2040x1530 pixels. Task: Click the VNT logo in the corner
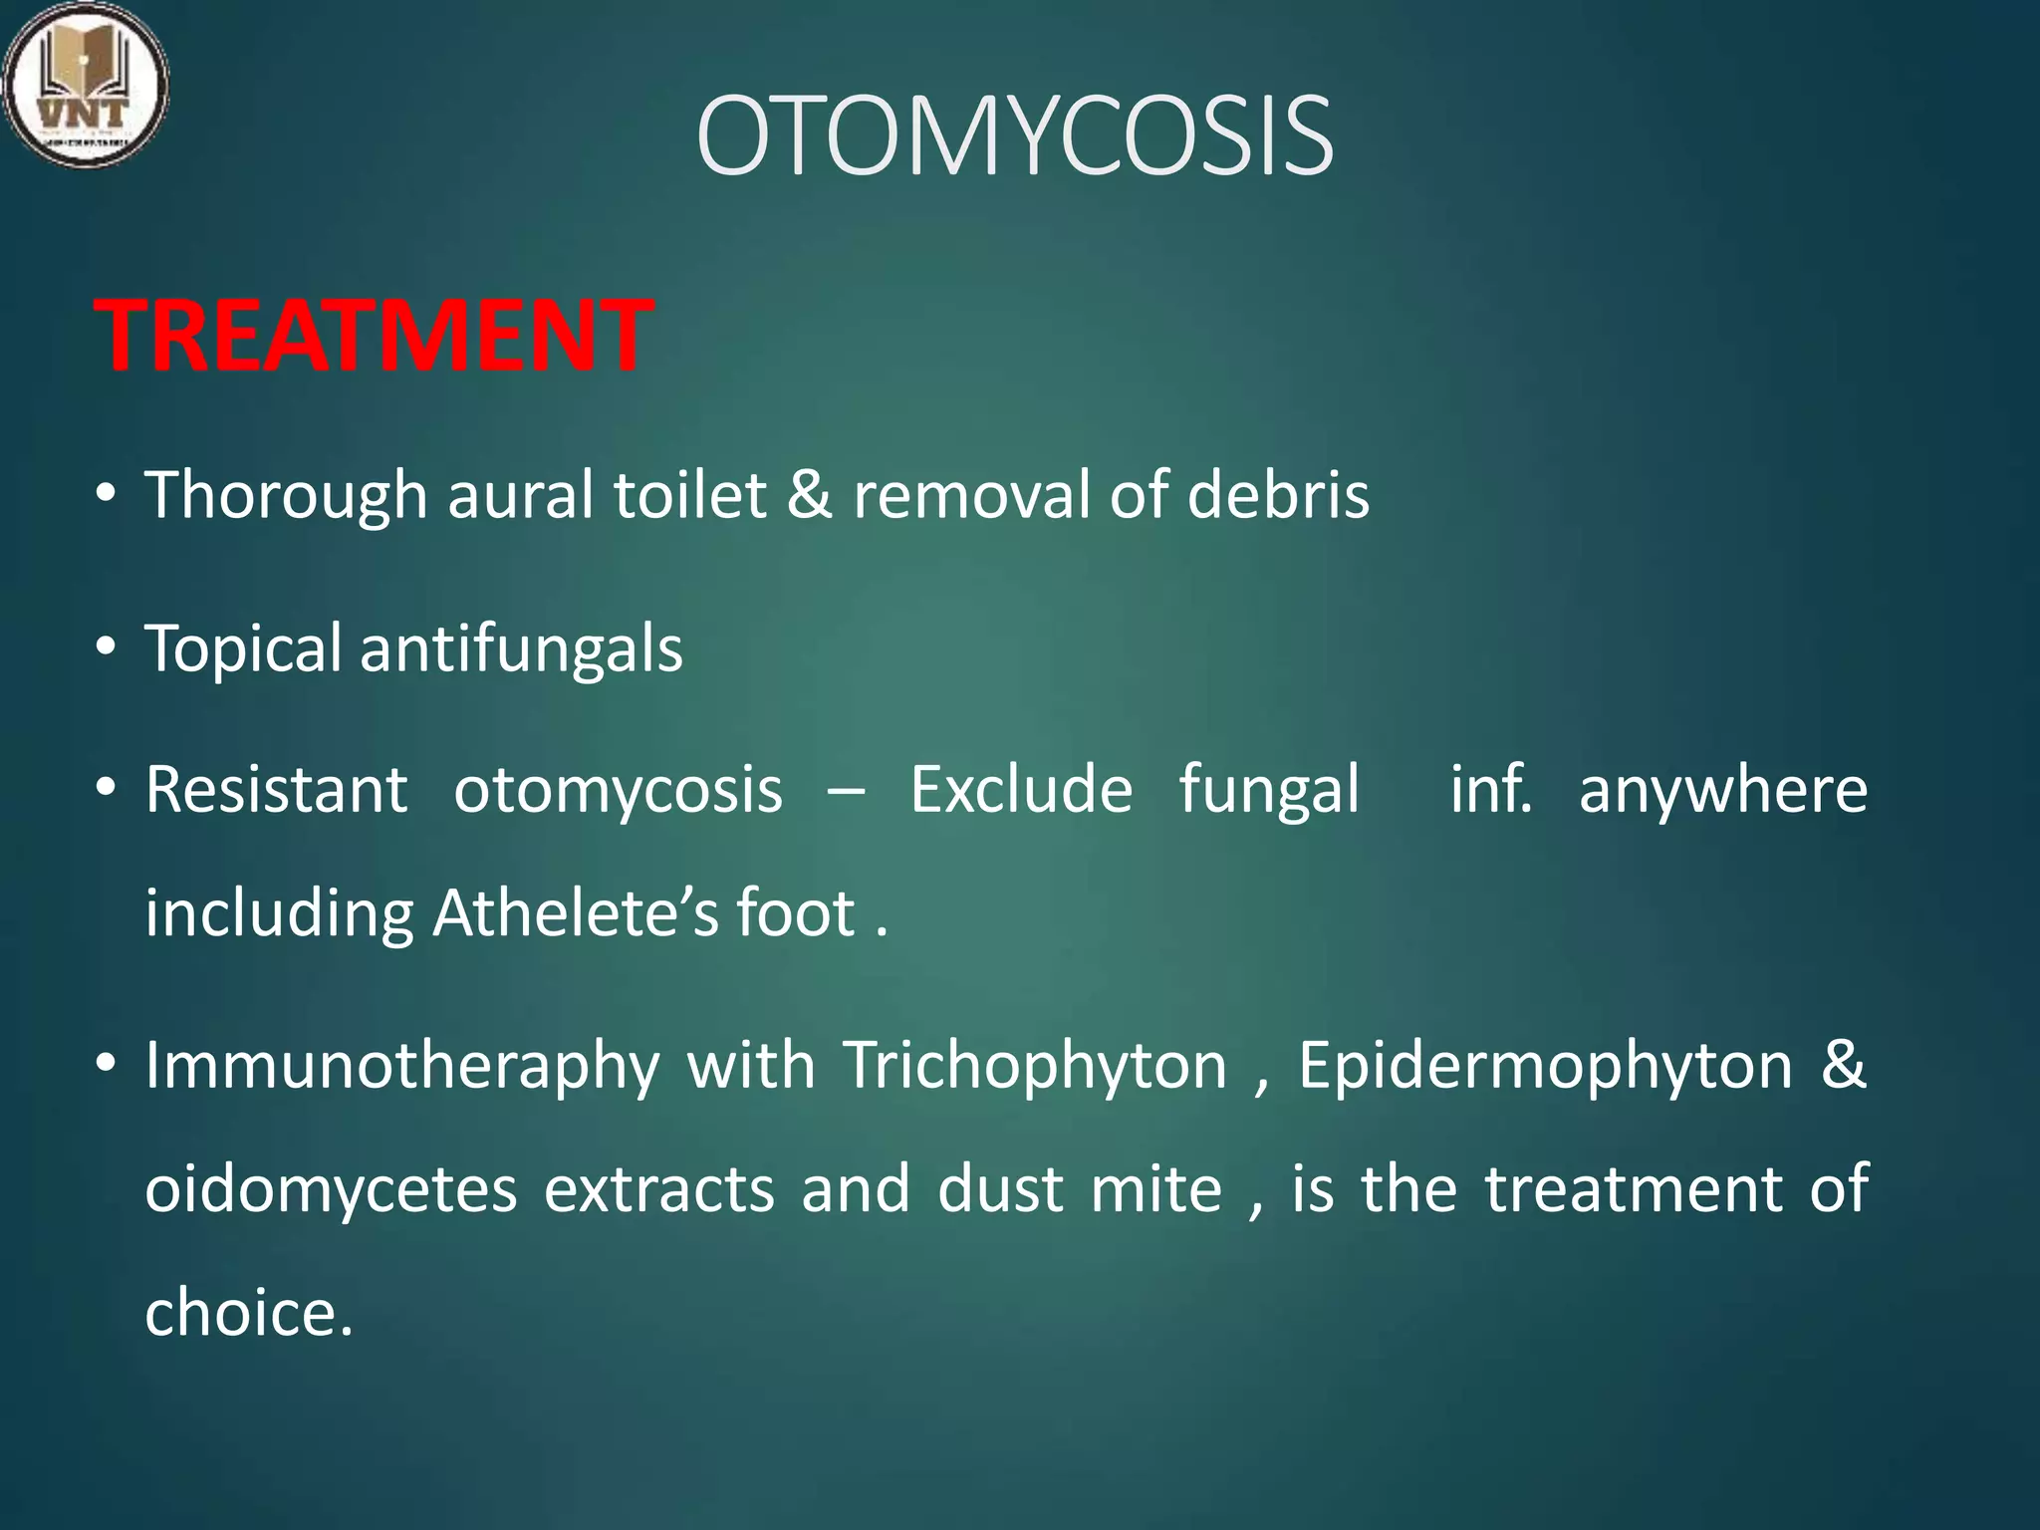tap(86, 84)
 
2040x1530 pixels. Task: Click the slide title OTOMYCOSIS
tap(1014, 136)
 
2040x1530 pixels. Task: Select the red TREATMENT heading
tap(374, 337)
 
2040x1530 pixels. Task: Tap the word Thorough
tap(286, 495)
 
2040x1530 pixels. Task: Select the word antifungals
tap(521, 648)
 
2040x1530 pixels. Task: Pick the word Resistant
tap(277, 790)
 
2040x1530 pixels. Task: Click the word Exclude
tap(1021, 790)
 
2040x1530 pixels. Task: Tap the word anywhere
tap(1723, 792)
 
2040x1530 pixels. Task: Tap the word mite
tap(1155, 1189)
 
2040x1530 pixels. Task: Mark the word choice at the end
tap(248, 1313)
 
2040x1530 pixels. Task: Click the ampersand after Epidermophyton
tap(1843, 1064)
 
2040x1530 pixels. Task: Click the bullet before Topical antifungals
tap(107, 647)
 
